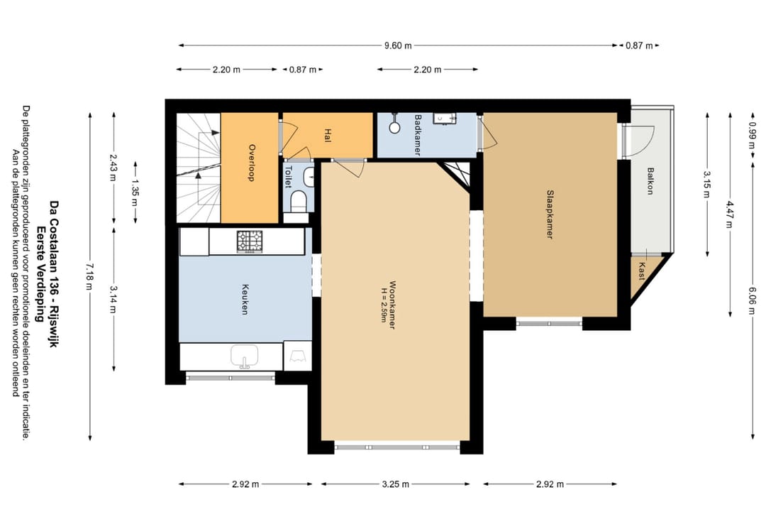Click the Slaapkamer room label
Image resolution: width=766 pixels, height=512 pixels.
(x=550, y=214)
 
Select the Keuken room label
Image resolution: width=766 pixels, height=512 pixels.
(x=245, y=299)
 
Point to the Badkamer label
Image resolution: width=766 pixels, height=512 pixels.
(x=418, y=134)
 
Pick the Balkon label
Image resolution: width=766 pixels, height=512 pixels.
(x=650, y=181)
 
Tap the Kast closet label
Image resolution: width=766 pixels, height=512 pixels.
(x=641, y=271)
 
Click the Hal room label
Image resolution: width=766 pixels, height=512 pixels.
(x=328, y=135)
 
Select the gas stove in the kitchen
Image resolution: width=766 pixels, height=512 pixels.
(x=250, y=241)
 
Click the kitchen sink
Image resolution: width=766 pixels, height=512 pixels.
(x=244, y=356)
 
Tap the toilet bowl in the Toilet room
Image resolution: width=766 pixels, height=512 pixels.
(x=299, y=202)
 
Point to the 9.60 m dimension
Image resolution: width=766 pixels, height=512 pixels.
(x=398, y=45)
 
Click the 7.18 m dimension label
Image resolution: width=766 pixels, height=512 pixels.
(x=89, y=276)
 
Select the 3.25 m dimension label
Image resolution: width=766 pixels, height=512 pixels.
(x=396, y=484)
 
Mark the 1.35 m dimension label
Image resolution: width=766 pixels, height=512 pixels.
(x=135, y=192)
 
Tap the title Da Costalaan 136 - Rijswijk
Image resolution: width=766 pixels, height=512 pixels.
(x=54, y=274)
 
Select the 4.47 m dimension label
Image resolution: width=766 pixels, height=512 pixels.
(x=729, y=214)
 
